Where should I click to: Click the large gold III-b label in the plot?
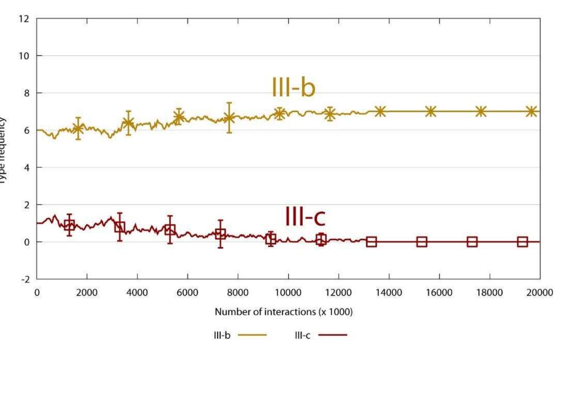293,87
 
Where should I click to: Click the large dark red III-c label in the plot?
305,217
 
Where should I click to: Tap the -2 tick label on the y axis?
25,280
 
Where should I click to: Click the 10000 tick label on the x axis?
288,293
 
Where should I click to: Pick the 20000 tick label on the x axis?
540,293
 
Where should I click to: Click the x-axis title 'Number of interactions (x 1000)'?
283,312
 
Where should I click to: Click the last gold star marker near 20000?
532,112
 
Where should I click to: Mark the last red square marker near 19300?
522,242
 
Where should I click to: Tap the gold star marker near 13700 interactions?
380,112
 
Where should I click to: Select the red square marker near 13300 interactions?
372,242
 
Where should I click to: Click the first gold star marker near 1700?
78,129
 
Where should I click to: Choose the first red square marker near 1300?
69,226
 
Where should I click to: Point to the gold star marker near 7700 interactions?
229,118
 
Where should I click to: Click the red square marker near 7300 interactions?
220,234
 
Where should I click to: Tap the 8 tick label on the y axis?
26,93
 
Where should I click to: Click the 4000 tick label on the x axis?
137,293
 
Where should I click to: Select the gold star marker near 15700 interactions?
431,112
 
